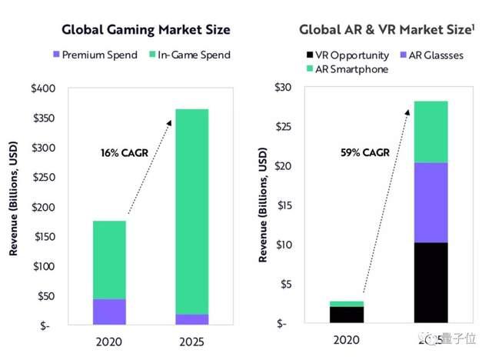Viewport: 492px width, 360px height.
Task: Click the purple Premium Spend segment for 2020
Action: point(109,312)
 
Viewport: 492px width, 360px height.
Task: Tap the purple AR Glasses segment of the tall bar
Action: point(430,202)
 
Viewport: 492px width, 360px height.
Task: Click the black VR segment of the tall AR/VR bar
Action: point(430,283)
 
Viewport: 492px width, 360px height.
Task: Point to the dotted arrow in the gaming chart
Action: point(147,165)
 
